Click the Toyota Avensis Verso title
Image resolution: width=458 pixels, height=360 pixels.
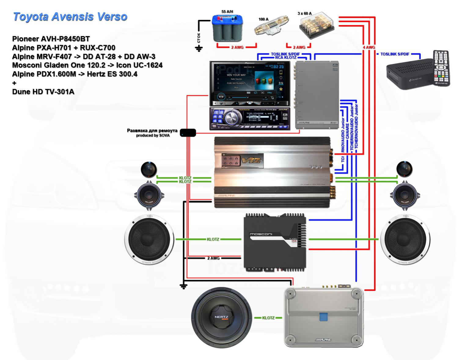70,17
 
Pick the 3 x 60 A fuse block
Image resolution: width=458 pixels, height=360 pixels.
313,25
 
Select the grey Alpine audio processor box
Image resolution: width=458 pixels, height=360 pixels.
317,95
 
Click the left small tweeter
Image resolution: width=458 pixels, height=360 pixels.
149,169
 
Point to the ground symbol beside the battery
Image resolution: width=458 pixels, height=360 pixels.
199,48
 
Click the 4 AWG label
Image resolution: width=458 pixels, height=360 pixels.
369,47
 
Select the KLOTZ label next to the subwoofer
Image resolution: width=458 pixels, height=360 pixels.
268,318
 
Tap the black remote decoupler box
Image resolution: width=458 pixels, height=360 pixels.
188,132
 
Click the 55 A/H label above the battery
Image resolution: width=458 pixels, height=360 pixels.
227,12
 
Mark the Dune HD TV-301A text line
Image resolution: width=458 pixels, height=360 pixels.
43,91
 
